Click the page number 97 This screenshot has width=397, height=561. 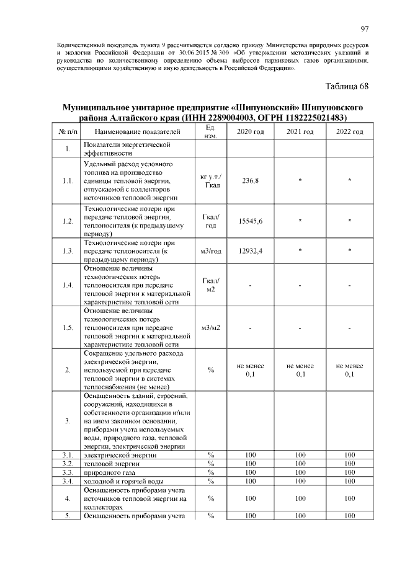pos(365,29)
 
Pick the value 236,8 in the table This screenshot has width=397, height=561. pos(251,180)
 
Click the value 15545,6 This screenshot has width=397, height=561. pos(251,221)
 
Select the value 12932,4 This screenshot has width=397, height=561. pos(251,250)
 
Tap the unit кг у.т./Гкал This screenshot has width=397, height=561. pos(211,180)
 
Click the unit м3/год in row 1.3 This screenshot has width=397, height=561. pos(211,250)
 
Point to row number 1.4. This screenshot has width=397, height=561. pos(68,285)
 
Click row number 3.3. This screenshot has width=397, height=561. pos(68,472)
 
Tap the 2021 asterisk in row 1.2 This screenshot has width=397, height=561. pos(300,221)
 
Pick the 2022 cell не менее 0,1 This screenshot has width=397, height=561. pos(350,370)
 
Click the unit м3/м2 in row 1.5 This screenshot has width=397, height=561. pos(211,327)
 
